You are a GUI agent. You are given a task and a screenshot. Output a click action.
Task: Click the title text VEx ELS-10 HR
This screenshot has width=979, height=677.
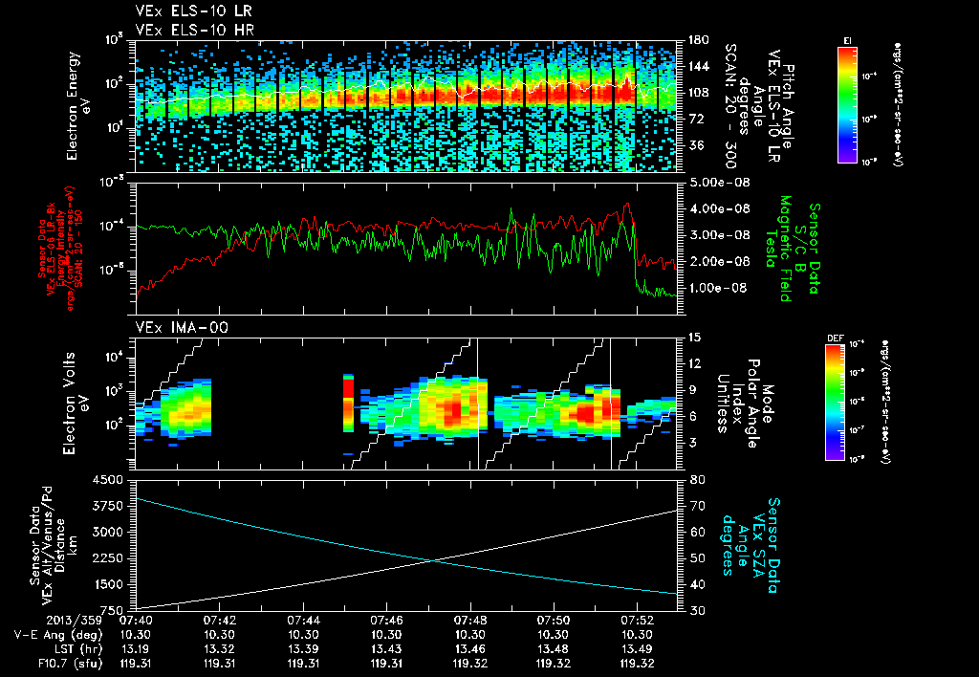(186, 30)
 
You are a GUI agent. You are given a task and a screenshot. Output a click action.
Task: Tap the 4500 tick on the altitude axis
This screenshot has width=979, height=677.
(111, 479)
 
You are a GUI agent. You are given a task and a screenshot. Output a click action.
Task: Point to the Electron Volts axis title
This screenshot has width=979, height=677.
(73, 402)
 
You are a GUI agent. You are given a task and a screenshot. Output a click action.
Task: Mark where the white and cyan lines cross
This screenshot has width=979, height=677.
(435, 560)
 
